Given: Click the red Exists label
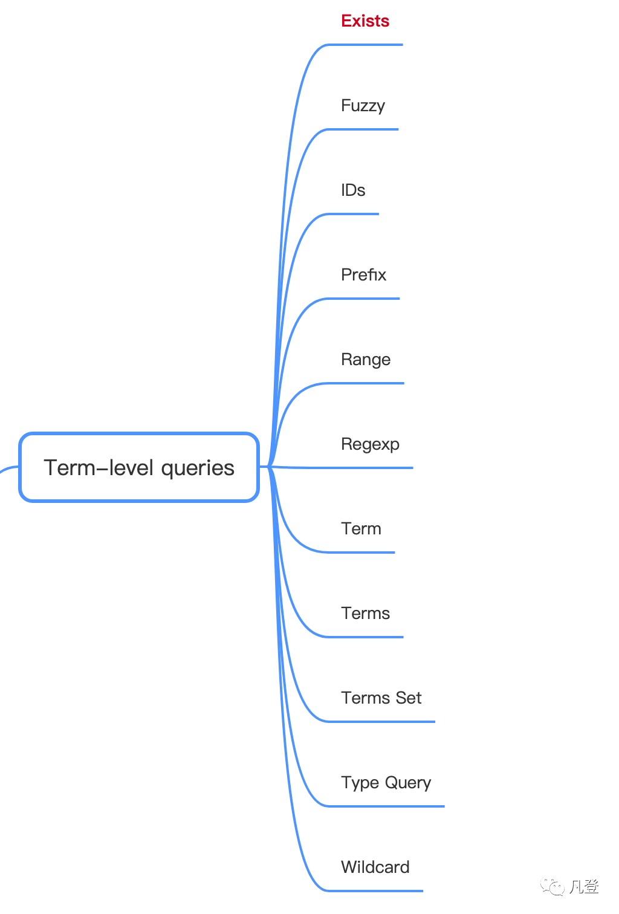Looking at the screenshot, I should [x=365, y=21].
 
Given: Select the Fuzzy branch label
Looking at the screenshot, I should [x=363, y=106].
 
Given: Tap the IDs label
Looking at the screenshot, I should [x=353, y=190].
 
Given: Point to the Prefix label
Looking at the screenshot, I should [x=363, y=275].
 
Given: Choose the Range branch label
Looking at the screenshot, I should [x=366, y=360].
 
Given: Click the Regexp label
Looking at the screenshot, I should [x=370, y=444].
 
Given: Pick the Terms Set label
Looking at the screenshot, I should [x=381, y=698].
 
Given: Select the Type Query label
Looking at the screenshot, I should [x=386, y=783].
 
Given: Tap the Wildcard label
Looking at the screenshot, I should [x=375, y=867].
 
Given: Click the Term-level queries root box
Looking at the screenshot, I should [x=139, y=467].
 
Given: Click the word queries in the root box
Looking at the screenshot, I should [x=198, y=468].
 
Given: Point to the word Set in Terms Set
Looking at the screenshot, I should [x=409, y=698].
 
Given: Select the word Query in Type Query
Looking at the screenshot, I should [x=408, y=783].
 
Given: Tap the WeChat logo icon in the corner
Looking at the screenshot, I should [x=553, y=887].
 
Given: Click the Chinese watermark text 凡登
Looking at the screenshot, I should [x=584, y=887].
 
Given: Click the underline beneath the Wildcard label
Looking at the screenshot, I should [x=375, y=890].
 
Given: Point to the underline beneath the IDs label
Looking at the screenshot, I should [x=354, y=214].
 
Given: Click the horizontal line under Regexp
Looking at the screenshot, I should [x=369, y=468].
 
